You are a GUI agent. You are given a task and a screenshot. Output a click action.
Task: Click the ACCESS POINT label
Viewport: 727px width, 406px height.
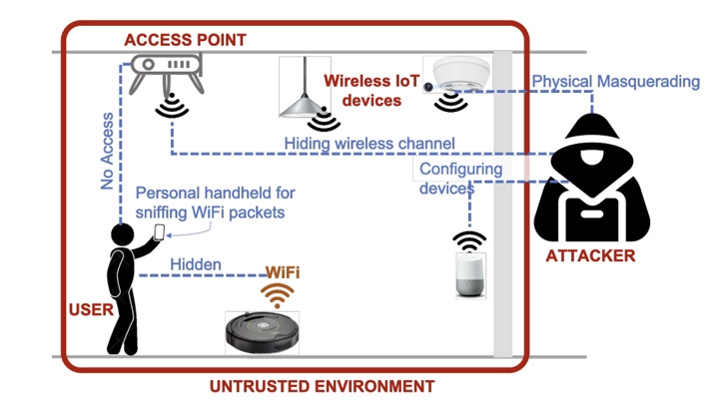coord(185,39)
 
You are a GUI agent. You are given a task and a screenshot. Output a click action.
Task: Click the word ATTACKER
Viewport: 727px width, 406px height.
coord(590,256)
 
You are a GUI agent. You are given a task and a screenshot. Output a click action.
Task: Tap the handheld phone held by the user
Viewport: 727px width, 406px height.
coord(159,232)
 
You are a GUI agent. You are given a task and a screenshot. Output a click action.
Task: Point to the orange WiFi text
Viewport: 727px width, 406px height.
coord(282,271)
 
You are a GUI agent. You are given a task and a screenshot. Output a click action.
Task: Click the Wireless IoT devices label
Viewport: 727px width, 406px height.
coord(362,89)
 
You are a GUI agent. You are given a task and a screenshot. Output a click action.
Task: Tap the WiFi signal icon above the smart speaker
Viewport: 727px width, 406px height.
coord(468,240)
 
